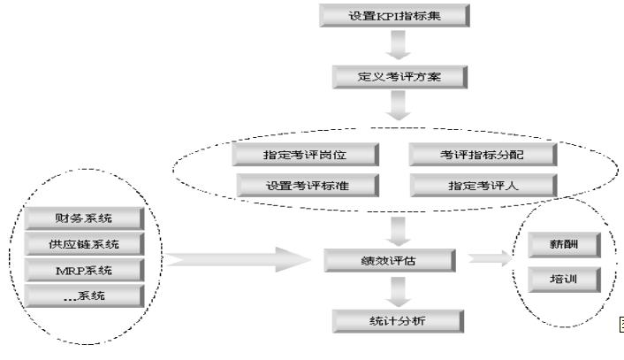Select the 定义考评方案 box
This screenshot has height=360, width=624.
point(400,76)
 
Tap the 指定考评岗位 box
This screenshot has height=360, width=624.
point(306,155)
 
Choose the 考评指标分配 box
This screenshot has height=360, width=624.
point(483,155)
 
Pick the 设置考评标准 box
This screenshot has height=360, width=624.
point(306,185)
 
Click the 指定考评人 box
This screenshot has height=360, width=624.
point(483,185)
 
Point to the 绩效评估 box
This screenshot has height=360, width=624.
point(390,260)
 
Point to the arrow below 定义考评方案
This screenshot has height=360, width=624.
point(400,105)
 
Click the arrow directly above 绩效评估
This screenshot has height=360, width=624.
point(400,229)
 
